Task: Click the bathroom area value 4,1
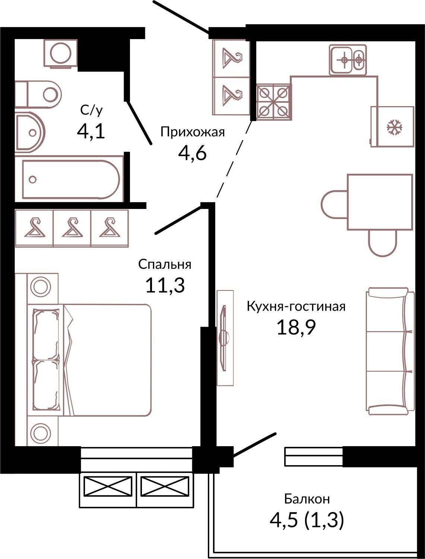pyautogui.click(x=91, y=132)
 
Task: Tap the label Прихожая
pyautogui.click(x=193, y=133)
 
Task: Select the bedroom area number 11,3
pyautogui.click(x=165, y=285)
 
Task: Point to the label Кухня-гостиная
pyautogui.click(x=296, y=307)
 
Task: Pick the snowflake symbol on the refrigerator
pyautogui.click(x=394, y=127)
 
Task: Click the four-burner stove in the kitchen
pyautogui.click(x=274, y=102)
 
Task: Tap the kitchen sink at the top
pyautogui.click(x=348, y=60)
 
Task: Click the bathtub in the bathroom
pyautogui.click(x=69, y=179)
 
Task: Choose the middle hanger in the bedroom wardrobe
pyautogui.click(x=72, y=228)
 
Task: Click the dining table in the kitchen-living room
pyautogui.click(x=380, y=202)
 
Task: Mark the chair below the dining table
pyautogui.click(x=383, y=243)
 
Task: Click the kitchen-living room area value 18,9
pyautogui.click(x=296, y=327)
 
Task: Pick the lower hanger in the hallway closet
pyautogui.click(x=232, y=96)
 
